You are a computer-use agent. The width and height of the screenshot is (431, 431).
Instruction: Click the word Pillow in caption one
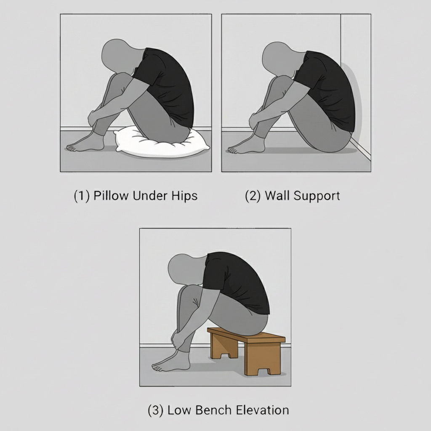point(111,196)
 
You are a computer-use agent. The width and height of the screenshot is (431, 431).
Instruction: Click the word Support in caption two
point(317,196)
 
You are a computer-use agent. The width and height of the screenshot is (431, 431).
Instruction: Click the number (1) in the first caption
point(82,196)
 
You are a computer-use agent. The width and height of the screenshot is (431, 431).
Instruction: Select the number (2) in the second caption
point(253,196)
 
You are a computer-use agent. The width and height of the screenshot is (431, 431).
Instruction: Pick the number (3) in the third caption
point(156,410)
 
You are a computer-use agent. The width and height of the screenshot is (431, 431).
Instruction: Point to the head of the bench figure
point(186,269)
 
